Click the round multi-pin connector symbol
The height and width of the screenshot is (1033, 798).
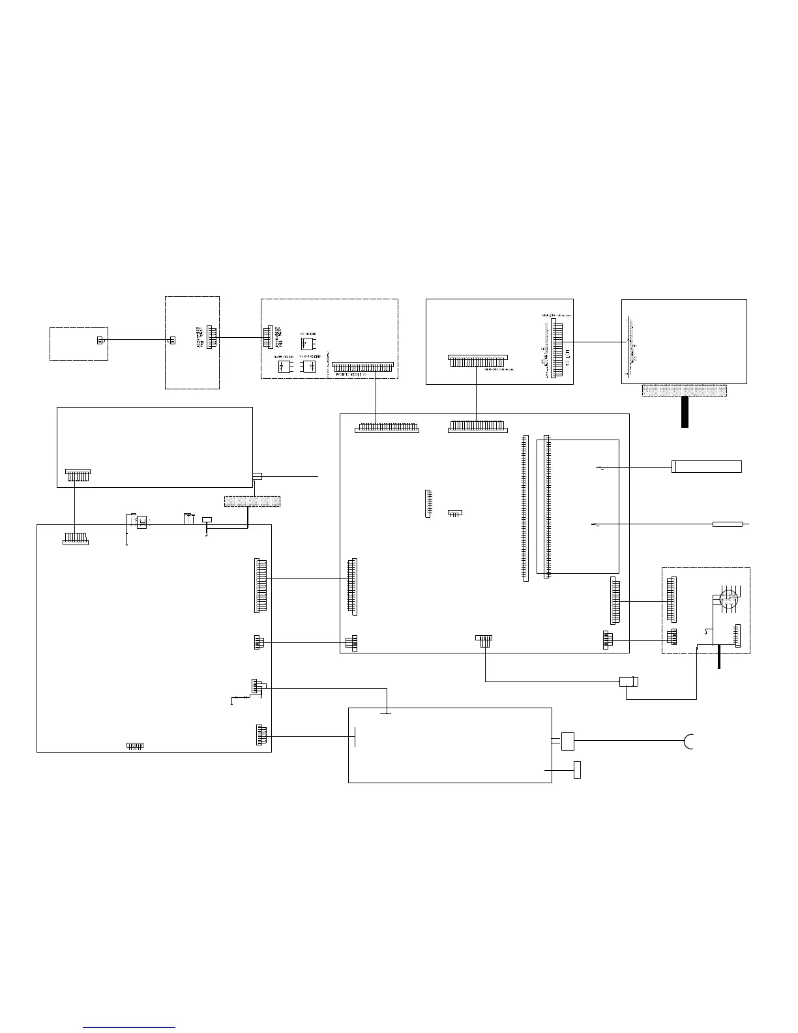(726, 597)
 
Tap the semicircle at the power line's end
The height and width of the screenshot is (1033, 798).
(689, 741)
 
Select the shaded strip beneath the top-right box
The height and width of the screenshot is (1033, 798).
(684, 390)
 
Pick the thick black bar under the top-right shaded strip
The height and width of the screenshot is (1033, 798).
(685, 412)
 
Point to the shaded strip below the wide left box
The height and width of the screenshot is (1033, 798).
(252, 502)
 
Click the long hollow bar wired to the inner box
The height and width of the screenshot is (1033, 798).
(706, 466)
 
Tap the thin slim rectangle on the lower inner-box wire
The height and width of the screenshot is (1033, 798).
(731, 524)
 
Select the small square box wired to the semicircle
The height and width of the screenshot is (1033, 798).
(568, 740)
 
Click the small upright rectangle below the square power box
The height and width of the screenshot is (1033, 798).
(577, 770)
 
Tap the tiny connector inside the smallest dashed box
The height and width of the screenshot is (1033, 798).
(100, 340)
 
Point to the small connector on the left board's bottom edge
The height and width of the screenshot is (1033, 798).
(134, 745)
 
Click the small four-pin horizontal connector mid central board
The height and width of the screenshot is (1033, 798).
(456, 513)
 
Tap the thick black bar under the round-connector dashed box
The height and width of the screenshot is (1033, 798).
(719, 655)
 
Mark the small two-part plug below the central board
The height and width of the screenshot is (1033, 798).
(628, 682)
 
